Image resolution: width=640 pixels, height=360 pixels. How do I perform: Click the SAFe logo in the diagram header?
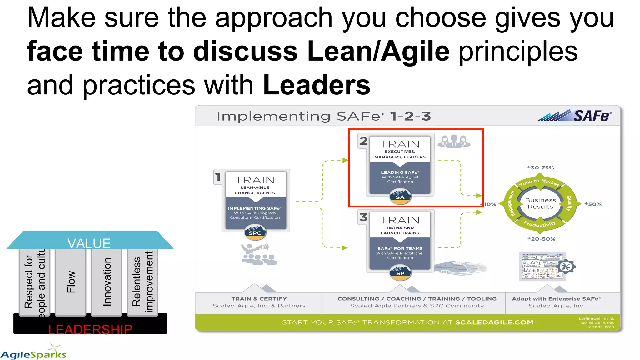[575, 116]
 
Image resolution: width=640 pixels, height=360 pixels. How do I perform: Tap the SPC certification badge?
[255, 233]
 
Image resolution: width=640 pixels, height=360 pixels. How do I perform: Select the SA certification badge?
[400, 197]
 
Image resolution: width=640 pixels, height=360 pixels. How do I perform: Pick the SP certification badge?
[400, 273]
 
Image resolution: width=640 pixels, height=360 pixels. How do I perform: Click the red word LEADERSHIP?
[90, 330]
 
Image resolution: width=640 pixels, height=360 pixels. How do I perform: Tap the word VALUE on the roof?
[89, 243]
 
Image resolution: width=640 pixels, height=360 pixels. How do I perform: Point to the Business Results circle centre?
[540, 203]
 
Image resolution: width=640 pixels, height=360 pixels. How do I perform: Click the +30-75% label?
[540, 168]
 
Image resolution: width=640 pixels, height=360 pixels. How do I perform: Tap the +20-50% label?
[541, 239]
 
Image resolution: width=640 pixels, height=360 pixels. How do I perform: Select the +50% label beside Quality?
[593, 204]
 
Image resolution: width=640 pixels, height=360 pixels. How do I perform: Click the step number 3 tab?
[363, 217]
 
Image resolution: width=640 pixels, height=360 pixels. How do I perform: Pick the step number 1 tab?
[218, 177]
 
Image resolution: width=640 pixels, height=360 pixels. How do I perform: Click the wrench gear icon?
[566, 267]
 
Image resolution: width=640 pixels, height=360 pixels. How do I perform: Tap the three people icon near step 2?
[454, 141]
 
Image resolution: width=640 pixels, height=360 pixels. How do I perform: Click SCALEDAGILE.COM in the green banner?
[494, 322]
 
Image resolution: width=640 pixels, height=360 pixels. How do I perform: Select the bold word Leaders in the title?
[317, 85]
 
